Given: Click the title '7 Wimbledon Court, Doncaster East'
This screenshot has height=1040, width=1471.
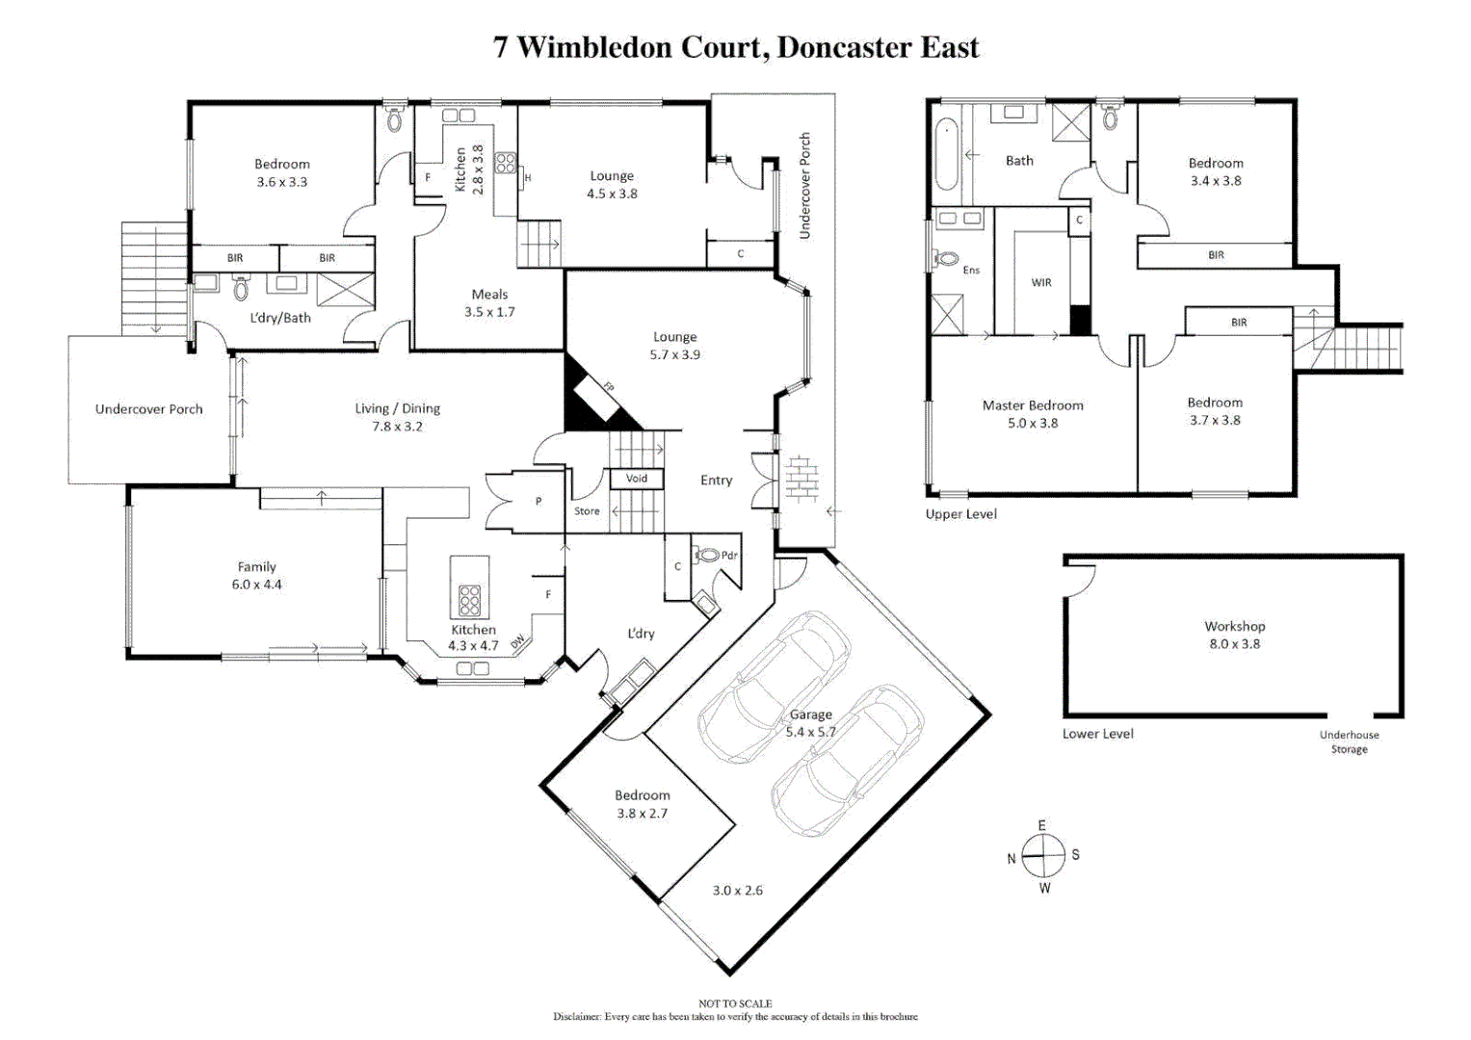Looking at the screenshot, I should (x=735, y=47).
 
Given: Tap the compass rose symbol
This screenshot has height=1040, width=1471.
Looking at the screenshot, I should (x=1043, y=855).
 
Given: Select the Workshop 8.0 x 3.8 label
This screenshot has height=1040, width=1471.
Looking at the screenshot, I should (x=1234, y=635).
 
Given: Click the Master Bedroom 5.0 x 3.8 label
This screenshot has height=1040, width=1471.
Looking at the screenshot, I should (x=1033, y=414).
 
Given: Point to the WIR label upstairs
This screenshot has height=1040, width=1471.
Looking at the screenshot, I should (x=1041, y=282).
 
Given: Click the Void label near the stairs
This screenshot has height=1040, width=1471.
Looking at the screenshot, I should (x=637, y=478).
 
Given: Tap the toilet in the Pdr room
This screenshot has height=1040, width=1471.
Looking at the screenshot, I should (x=708, y=555).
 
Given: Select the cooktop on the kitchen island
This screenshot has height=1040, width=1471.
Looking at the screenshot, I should (x=469, y=599).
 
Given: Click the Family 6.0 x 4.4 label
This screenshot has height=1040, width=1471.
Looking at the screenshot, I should (x=256, y=576).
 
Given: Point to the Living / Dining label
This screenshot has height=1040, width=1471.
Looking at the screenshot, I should (x=397, y=417).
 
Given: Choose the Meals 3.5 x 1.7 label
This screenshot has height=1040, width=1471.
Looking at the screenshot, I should (x=489, y=302).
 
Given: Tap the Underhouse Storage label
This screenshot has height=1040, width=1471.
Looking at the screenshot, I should (x=1349, y=741).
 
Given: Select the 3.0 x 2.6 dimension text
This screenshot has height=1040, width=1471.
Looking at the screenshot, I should (x=737, y=891).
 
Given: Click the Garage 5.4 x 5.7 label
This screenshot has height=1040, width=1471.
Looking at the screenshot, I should (x=810, y=723).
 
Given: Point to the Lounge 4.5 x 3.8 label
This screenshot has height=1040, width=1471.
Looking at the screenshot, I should (x=612, y=184).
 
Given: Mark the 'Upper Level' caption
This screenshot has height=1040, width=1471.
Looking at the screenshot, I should (x=960, y=514).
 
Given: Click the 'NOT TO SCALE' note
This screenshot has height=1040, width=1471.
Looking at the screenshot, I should (x=735, y=1003).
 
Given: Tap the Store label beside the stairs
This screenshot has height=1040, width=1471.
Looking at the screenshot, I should (x=587, y=511).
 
